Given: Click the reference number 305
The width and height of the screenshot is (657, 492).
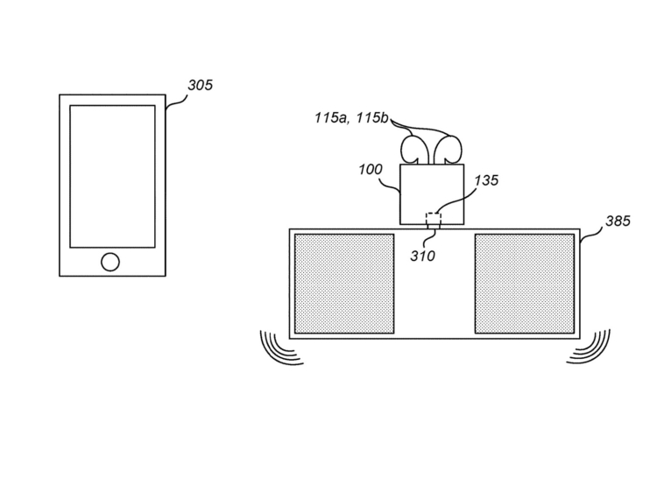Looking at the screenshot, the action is click(201, 85).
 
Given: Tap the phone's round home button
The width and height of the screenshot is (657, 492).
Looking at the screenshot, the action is click(110, 262).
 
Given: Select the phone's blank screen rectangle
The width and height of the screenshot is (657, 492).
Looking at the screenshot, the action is click(112, 176).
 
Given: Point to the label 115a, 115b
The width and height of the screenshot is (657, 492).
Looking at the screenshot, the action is click(351, 117).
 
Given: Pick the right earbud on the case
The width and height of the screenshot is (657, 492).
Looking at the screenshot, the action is click(449, 149).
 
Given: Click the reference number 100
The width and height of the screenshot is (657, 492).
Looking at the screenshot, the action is click(371, 169).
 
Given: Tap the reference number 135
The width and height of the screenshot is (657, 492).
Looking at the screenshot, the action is click(486, 180).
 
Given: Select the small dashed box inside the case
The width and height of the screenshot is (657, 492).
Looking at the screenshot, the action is click(434, 219).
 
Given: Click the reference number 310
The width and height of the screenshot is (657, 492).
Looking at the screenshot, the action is click(422, 256).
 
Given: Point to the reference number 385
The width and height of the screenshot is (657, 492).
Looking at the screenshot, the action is click(618, 221).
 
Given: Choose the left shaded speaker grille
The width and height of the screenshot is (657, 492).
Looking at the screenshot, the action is click(344, 284).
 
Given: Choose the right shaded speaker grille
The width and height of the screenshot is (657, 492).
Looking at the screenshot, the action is click(525, 284).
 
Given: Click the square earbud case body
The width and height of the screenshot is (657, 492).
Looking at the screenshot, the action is click(432, 193).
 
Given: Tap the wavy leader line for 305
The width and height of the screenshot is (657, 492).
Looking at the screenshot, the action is click(177, 102).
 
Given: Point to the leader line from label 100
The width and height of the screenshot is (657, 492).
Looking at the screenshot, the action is click(391, 186).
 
